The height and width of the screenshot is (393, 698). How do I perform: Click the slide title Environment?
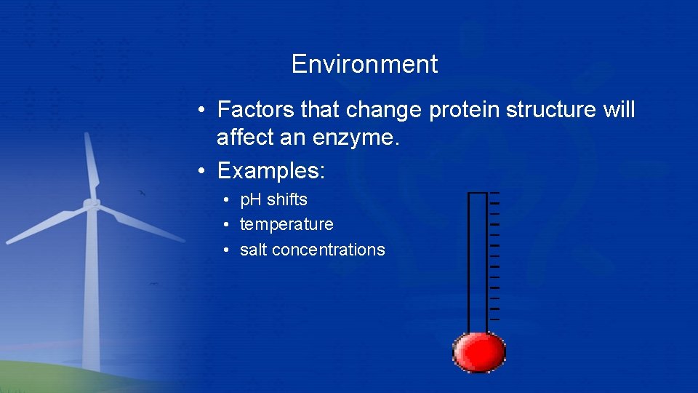pos(364,64)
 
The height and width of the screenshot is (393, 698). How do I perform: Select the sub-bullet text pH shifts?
pos(273,199)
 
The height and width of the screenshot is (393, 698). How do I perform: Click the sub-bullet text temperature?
pos(286,224)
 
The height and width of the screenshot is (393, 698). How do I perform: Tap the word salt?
pos(253,250)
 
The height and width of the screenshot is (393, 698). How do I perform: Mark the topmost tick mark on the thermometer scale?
pos(494,193)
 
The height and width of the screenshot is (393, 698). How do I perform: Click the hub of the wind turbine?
pos(91,205)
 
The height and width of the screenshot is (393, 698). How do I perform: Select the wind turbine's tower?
pos(91,291)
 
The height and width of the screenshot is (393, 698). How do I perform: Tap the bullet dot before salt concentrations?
pos(228,250)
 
